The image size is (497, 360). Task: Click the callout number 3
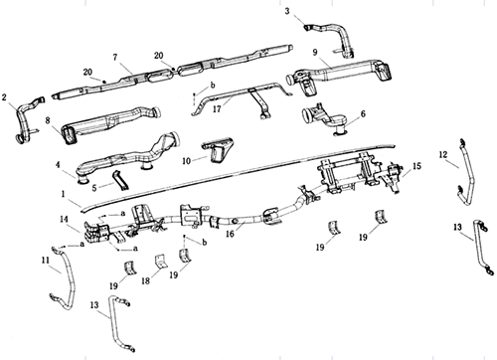coord(287,11)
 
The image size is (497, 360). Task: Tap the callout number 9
coord(315,52)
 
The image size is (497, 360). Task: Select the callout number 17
coord(217,108)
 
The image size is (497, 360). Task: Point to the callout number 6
coord(363,113)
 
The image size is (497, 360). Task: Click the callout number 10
coord(187,161)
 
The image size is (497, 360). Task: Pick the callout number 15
coord(416,166)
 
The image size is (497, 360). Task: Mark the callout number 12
coord(443,154)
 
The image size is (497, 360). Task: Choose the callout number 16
coord(230,234)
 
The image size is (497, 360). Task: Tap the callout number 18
coord(146,280)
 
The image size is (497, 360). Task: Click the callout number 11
coord(46,261)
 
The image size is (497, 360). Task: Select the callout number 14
coord(65,219)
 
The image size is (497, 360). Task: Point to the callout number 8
coord(48,120)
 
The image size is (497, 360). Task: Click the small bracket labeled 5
coord(120,181)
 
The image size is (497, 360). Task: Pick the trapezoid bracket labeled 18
coord(161,261)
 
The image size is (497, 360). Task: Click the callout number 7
coord(115,58)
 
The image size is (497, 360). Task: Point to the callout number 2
coord(4,97)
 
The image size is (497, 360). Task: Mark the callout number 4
coord(58,164)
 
